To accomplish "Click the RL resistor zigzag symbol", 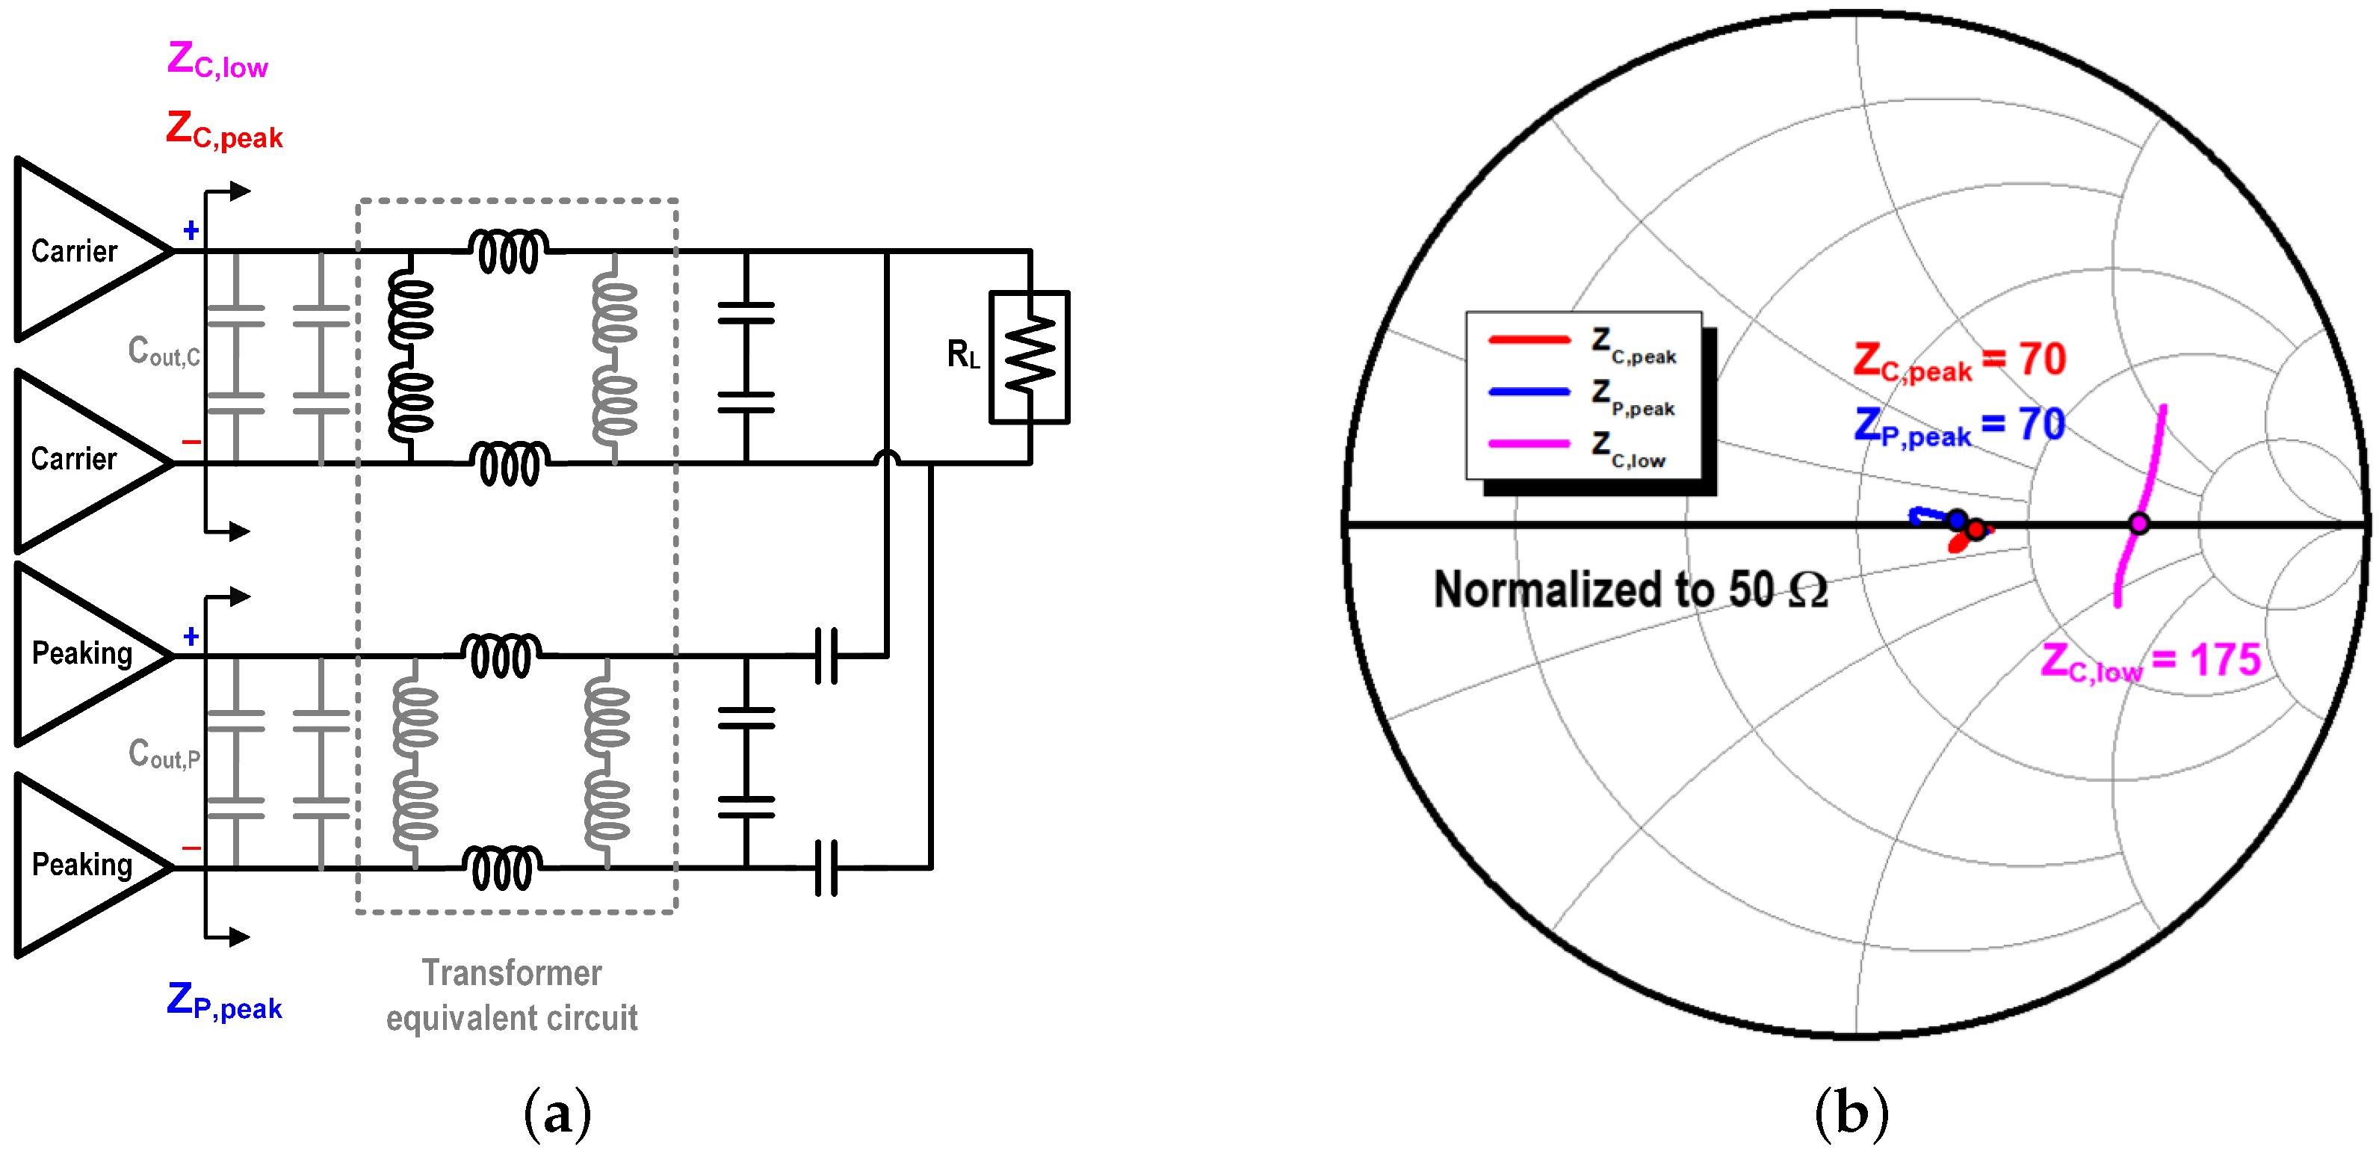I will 1030,357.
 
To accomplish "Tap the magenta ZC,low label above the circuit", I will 218,60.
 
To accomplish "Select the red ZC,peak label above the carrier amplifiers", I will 224,129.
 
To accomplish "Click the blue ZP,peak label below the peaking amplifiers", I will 224,1002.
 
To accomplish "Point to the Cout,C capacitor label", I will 164,352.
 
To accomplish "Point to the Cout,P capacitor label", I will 164,755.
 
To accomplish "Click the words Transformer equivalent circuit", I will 512,995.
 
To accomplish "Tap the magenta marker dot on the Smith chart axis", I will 2139,524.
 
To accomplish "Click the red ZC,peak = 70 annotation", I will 1959,360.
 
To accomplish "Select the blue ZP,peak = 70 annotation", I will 1959,426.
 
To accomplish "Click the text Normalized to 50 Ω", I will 1630,590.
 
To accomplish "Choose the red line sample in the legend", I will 1529,340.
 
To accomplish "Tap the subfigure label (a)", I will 557,1114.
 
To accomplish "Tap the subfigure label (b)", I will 1851,1114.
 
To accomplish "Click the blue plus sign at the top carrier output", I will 191,230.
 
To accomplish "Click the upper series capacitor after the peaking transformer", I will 826,656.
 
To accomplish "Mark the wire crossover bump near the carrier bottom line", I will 887,457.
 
